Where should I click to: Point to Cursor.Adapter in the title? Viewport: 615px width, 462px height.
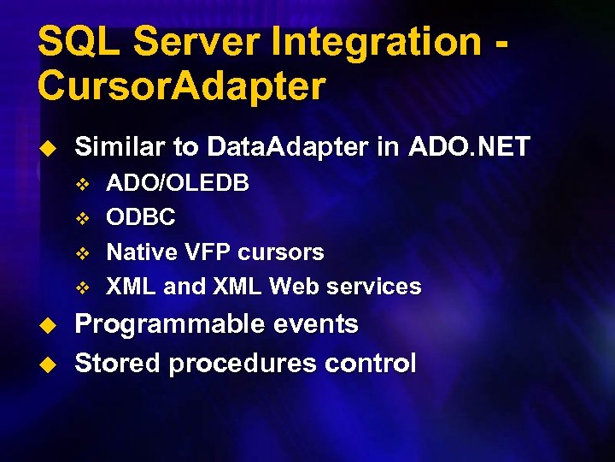pyautogui.click(x=181, y=86)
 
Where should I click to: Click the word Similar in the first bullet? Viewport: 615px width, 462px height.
pyautogui.click(x=123, y=146)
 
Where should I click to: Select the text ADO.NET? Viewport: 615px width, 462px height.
pyautogui.click(x=470, y=146)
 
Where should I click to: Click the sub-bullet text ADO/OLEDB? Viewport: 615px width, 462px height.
pyautogui.click(x=178, y=184)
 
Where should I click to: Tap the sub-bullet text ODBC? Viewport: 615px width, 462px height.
pyautogui.click(x=141, y=218)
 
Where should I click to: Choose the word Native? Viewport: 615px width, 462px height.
pyautogui.click(x=138, y=252)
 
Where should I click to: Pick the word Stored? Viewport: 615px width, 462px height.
pyautogui.click(x=117, y=364)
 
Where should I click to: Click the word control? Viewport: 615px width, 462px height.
pyautogui.click(x=369, y=364)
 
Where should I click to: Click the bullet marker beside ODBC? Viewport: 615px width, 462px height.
pyautogui.click(x=83, y=219)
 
